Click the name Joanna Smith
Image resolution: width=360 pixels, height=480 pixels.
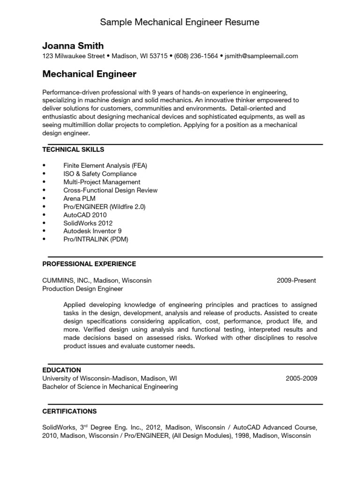coord(73,45)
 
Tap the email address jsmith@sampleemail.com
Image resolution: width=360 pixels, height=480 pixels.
coord(261,56)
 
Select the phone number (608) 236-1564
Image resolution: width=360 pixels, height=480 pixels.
coord(196,56)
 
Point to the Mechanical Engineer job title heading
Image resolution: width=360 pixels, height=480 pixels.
coord(89,74)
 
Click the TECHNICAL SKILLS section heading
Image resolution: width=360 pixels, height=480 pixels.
coord(73,150)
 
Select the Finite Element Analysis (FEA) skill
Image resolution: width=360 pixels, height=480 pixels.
coord(105,165)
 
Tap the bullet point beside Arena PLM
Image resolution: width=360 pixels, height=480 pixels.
coord(44,198)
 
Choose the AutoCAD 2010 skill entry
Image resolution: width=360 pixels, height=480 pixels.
coord(85,215)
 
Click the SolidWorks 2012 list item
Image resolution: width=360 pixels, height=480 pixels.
coord(88,223)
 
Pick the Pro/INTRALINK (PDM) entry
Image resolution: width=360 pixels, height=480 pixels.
coord(96,239)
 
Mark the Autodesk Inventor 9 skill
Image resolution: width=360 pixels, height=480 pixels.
coord(92,231)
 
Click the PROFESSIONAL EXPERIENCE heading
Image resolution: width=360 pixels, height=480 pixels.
coord(89,264)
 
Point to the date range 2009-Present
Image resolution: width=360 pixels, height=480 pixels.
coord(296,280)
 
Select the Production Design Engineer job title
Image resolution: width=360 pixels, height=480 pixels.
coord(82,289)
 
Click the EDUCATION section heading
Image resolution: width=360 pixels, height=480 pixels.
coord(61,370)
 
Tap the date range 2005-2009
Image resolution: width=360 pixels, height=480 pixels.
coord(301,378)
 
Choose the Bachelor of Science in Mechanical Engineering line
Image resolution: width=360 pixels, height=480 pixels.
coord(110,387)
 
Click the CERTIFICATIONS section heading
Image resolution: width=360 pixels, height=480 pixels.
coord(69,411)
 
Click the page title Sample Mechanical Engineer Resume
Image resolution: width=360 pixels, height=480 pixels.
coord(180,22)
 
